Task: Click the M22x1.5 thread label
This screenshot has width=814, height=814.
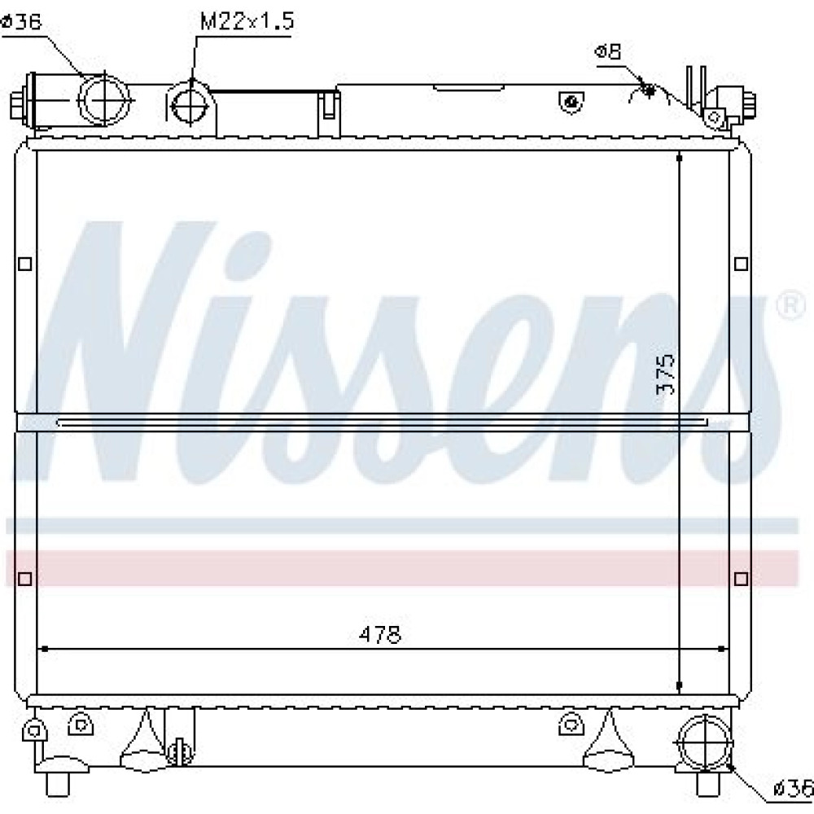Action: click(247, 21)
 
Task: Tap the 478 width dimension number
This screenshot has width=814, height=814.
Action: click(379, 634)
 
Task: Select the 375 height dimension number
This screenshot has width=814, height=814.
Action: click(665, 374)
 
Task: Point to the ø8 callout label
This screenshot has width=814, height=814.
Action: click(608, 51)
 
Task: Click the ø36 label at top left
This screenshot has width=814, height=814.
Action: click(21, 22)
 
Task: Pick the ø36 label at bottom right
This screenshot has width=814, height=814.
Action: click(793, 789)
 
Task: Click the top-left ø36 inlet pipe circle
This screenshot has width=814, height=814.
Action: click(103, 99)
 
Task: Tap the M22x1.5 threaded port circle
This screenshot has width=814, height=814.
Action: click(190, 105)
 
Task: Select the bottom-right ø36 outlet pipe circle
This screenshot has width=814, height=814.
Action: click(704, 743)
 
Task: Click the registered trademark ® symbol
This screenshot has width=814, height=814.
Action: click(790, 306)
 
